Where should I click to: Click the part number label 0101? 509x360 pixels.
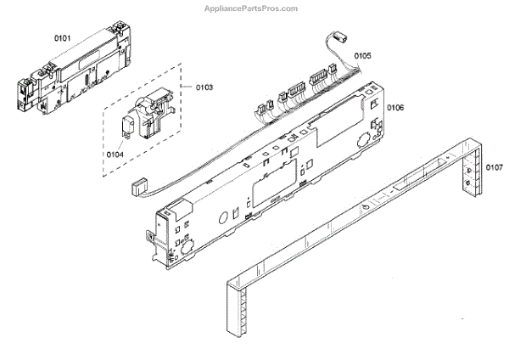pos(64,37)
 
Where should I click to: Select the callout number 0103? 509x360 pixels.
pos(204,87)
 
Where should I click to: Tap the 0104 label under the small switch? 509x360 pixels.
pos(115,154)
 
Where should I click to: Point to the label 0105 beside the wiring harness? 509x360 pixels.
pos(362,56)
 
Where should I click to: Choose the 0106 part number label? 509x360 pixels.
pos(395,108)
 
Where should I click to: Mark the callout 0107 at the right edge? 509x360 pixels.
pos(493,167)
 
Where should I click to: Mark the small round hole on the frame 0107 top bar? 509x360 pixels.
pos(363,206)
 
